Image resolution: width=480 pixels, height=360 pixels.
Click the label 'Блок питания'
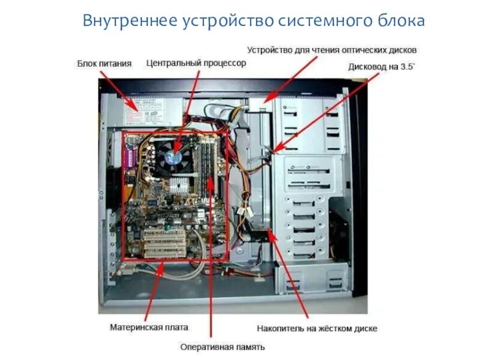coord(104,63)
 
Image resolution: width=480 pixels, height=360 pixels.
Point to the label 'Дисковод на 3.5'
coord(382,67)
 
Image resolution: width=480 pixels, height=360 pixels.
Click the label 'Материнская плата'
coord(149,328)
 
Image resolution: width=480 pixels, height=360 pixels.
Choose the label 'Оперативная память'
coord(223,347)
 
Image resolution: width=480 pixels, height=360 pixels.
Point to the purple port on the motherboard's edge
coord(127,160)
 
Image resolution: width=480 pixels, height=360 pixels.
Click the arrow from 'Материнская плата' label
coord(153,294)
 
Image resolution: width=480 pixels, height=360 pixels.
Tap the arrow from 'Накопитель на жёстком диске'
coord(288,273)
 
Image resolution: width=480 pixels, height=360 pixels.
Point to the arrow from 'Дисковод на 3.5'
coord(318,117)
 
